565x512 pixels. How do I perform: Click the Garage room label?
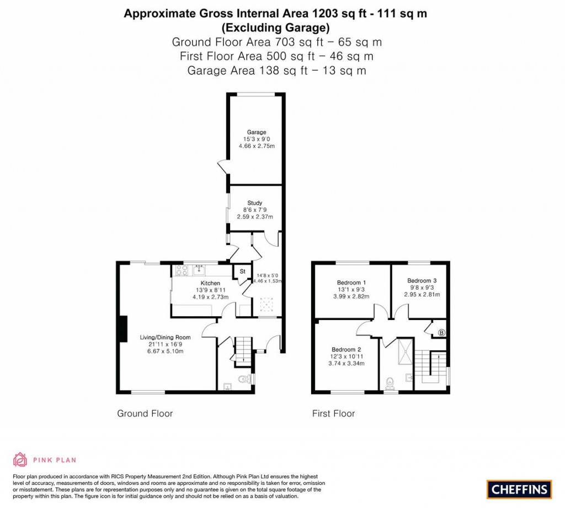click(x=257, y=132)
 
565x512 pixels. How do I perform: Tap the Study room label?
click(x=255, y=203)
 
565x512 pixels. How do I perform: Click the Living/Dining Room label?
click(x=165, y=337)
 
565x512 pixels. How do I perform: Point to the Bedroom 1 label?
click(x=351, y=283)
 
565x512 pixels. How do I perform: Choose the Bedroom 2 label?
click(x=347, y=349)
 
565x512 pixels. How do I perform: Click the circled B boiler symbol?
click(x=441, y=333)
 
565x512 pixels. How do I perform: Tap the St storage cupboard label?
click(x=242, y=271)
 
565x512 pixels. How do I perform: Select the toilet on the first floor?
click(x=391, y=382)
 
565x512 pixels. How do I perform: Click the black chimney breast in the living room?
click(x=124, y=333)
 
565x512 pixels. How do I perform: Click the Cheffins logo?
click(x=519, y=489)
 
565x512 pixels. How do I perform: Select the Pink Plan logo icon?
click(x=20, y=459)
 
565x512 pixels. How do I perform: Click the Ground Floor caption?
click(x=145, y=413)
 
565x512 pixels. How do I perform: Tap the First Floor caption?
click(x=333, y=413)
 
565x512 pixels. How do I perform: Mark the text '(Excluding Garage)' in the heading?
click(x=275, y=28)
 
